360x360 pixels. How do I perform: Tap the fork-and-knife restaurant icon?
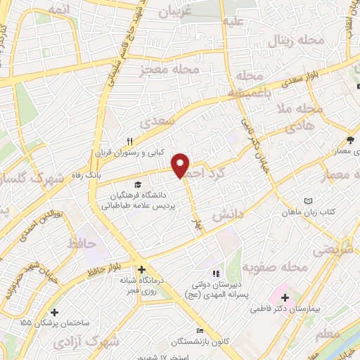(129, 140)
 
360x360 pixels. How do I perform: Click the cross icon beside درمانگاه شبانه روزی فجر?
(141, 269)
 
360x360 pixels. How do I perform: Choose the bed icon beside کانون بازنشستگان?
(200, 331)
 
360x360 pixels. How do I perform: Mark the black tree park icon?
(350, 139)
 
